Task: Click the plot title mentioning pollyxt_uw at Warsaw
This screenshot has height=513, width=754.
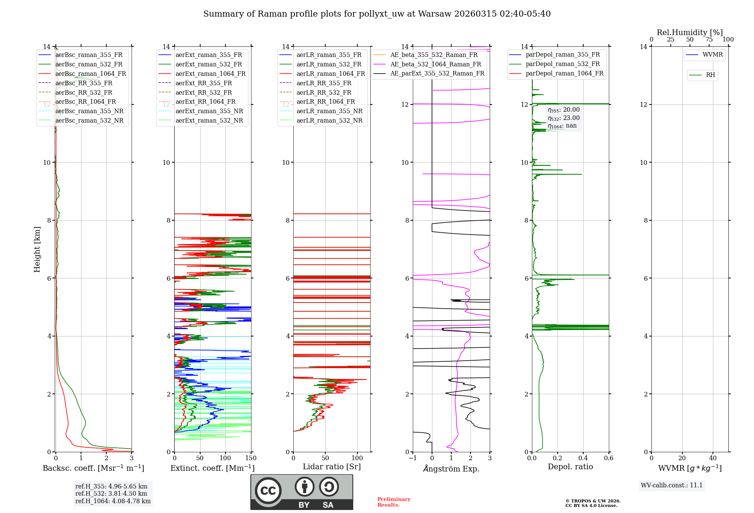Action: coord(377,14)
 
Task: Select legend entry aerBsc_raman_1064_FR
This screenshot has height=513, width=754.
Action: coord(90,74)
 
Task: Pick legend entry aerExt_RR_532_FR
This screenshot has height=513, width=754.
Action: coord(204,92)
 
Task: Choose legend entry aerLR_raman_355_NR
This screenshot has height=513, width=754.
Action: coord(329,111)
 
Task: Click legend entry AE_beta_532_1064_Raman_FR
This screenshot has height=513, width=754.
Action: coord(435,64)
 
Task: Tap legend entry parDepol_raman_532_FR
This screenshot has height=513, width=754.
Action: coord(562,64)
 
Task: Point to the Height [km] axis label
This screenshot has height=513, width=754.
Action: coord(37,249)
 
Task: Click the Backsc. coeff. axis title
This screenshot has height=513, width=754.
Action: coord(93,468)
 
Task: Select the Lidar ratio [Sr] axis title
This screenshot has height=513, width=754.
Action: coord(331,467)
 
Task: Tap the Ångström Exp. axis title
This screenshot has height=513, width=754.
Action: coord(451,468)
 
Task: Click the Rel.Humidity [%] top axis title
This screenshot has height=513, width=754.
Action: coord(690,32)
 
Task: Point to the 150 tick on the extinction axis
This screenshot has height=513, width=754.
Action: coord(251,458)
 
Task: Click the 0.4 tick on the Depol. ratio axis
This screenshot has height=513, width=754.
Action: coord(583,458)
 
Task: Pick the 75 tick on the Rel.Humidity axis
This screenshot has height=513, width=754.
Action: coord(709,40)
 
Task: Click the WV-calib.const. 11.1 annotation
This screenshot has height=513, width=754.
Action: coord(671,485)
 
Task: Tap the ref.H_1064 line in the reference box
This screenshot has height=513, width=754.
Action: coord(113,501)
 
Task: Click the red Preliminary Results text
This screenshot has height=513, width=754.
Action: coord(394,502)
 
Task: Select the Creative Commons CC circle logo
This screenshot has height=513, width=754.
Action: coord(268,491)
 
